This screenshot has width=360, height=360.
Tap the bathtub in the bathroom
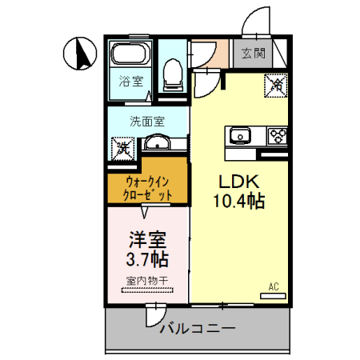click(130, 55)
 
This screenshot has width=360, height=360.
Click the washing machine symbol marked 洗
click(123, 147)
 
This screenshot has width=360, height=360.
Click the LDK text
click(235, 182)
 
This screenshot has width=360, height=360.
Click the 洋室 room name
click(146, 239)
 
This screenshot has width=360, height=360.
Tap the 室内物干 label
click(146, 281)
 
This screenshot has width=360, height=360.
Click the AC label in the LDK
click(274, 286)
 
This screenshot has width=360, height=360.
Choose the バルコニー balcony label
click(197, 328)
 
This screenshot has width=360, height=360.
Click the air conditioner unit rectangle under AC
click(273, 296)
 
